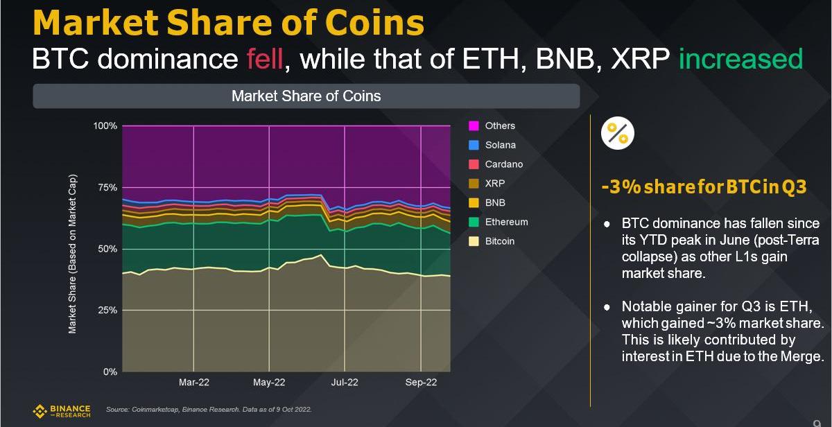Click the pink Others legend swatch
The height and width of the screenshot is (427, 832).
(474, 126)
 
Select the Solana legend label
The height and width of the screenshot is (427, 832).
(500, 145)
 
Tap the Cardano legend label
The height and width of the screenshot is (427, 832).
(503, 164)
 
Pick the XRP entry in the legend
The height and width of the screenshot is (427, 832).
(494, 184)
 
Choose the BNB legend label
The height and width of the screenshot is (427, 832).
(495, 203)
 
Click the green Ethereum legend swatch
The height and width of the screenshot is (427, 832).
(474, 223)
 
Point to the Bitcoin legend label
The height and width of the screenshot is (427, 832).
(499, 241)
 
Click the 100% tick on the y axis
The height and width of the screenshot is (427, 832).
(105, 126)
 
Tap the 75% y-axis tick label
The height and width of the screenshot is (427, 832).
(107, 187)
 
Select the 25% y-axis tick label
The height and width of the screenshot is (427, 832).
(107, 311)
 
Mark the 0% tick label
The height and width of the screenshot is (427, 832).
(110, 372)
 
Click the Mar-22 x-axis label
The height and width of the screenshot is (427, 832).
(193, 382)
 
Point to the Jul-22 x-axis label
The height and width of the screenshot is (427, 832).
(345, 382)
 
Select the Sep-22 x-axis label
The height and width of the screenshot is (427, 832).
(421, 382)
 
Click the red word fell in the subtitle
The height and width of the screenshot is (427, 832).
(264, 59)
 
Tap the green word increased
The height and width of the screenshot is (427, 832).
(740, 59)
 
